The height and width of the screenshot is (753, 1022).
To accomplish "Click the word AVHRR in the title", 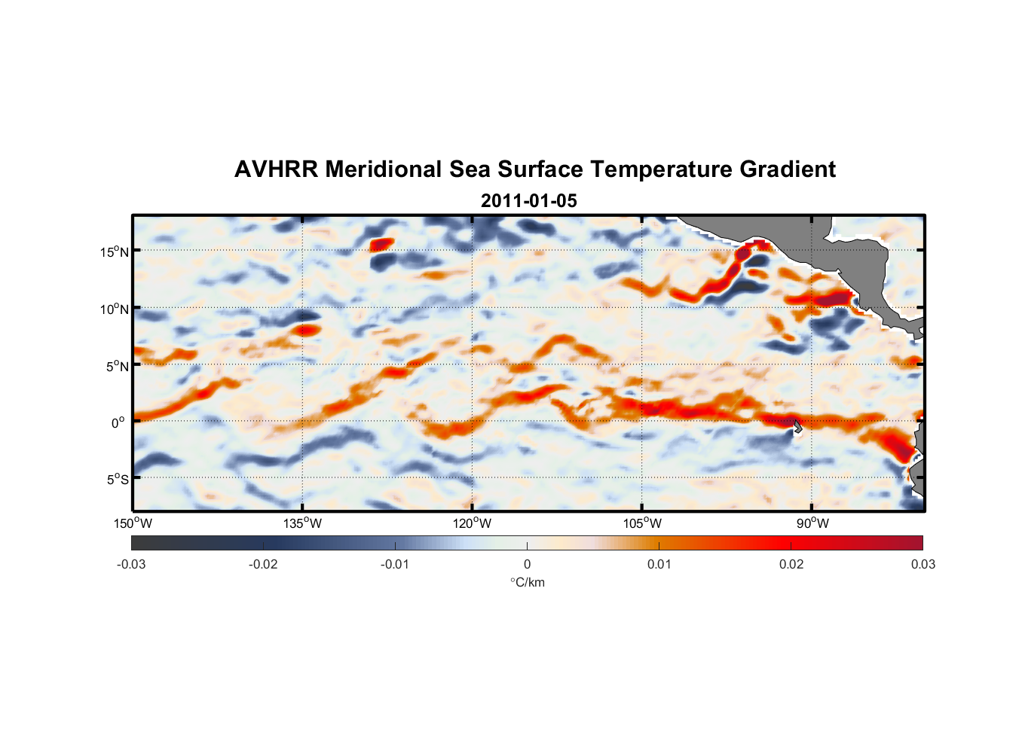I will click(276, 169).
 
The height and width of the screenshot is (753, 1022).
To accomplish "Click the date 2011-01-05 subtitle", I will click(528, 201).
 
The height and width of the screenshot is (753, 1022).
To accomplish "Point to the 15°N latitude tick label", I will click(115, 252).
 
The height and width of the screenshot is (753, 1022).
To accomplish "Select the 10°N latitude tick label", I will click(115, 309).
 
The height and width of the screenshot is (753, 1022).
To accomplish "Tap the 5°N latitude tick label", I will click(117, 366).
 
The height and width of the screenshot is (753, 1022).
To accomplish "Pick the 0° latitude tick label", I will click(118, 423).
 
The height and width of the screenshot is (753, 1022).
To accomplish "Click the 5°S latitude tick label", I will click(117, 480).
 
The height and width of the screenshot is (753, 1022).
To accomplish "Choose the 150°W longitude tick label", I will click(133, 523).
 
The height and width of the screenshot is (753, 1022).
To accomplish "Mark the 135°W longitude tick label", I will click(303, 523).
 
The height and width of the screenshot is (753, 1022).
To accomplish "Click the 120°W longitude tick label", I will click(473, 523).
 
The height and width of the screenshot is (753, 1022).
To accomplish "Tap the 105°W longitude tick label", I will click(642, 523).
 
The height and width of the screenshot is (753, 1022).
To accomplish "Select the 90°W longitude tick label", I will click(812, 523).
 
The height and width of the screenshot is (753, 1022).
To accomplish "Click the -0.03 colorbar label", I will click(131, 565).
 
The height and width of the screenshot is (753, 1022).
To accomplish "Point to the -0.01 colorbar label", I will click(395, 565).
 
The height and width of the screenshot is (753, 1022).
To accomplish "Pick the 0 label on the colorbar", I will click(527, 565).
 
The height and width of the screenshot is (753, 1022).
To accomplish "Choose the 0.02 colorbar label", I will click(791, 565).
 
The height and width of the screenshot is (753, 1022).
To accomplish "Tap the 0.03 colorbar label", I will click(923, 565).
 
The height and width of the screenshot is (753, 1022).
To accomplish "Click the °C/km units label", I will click(528, 582).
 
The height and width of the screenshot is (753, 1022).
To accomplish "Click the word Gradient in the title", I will click(788, 169).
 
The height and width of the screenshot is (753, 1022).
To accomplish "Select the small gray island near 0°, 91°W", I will click(797, 427).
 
